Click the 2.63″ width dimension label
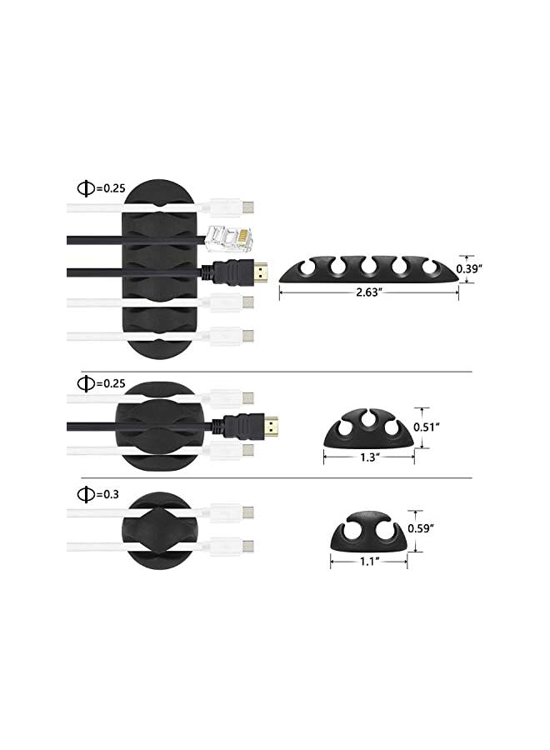368,293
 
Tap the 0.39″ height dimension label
485,268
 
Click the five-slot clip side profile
368,270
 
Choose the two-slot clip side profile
367,534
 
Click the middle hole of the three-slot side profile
369,420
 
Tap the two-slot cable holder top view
160,527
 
